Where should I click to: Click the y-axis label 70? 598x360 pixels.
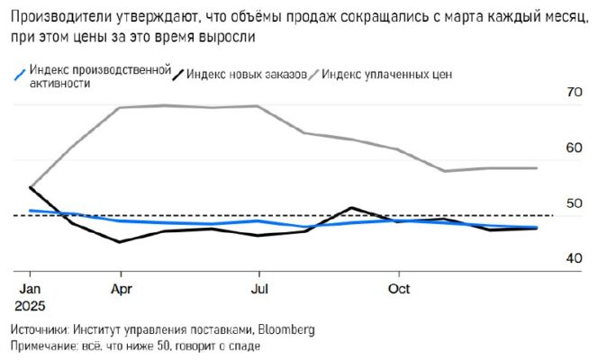click(574, 92)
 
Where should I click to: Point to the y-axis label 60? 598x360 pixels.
click(574, 148)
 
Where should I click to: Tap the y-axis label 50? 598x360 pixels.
click(574, 203)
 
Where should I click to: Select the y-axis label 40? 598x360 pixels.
click(574, 259)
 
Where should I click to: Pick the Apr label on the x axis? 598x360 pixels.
click(120, 289)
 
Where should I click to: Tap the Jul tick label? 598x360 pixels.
click(258, 289)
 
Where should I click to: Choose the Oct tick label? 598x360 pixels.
click(398, 289)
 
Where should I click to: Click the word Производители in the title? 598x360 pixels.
click(57, 15)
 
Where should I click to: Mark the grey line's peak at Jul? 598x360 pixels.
click(258, 106)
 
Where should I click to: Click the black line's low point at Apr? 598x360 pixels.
click(119, 241)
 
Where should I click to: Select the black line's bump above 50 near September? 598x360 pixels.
click(352, 208)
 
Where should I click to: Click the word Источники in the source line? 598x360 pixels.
click(38, 329)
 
